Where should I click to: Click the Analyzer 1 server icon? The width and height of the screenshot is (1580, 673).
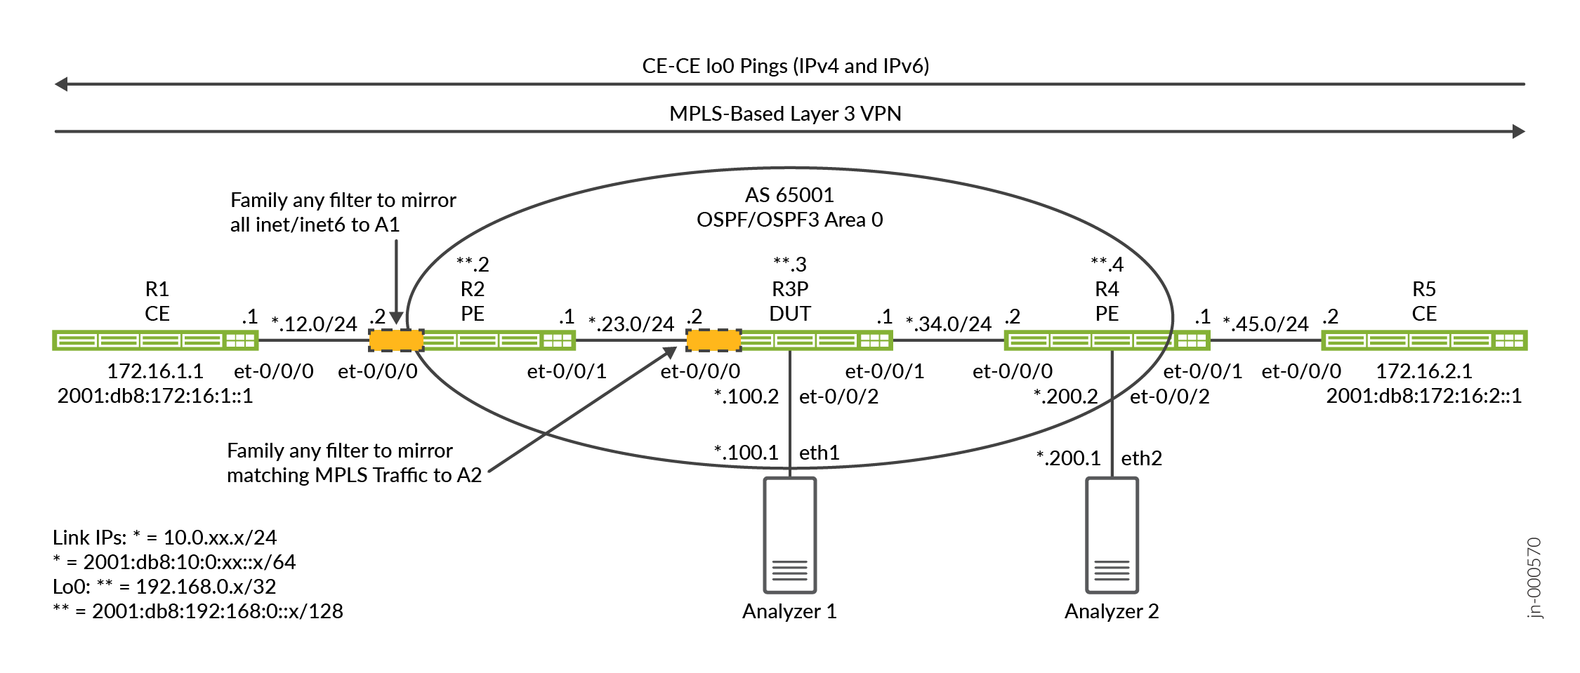[x=789, y=535]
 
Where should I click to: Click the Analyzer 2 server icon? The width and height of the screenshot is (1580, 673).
[x=1112, y=535]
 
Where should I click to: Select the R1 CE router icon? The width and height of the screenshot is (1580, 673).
[x=155, y=341]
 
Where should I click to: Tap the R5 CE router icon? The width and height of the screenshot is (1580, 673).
[x=1424, y=341]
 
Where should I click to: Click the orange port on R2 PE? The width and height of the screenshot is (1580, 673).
[x=396, y=341]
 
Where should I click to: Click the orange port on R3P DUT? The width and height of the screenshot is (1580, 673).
[x=713, y=341]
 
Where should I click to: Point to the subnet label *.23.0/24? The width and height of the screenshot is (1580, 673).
[x=631, y=324]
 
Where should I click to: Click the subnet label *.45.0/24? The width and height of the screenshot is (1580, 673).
[x=1265, y=324]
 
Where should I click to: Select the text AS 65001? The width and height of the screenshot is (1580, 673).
[x=789, y=195]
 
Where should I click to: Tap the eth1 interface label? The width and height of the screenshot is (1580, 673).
[x=819, y=453]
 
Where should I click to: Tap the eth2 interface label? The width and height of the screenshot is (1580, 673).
[x=1141, y=459]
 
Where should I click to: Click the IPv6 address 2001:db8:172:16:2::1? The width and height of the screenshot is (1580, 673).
[x=1423, y=397]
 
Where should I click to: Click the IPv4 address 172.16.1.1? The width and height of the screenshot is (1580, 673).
[x=155, y=371]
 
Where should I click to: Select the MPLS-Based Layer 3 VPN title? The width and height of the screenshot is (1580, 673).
[x=785, y=114]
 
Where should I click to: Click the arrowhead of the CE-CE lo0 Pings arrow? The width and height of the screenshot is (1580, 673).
[x=61, y=84]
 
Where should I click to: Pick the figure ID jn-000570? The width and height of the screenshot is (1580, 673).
[x=1534, y=578]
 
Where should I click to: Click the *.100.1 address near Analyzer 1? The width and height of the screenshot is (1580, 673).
[x=746, y=453]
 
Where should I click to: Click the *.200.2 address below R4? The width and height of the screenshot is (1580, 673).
[x=1065, y=397]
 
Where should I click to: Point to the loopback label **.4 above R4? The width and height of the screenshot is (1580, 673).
[x=1107, y=265]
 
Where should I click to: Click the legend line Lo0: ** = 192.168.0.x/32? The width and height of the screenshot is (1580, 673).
[x=164, y=587]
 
